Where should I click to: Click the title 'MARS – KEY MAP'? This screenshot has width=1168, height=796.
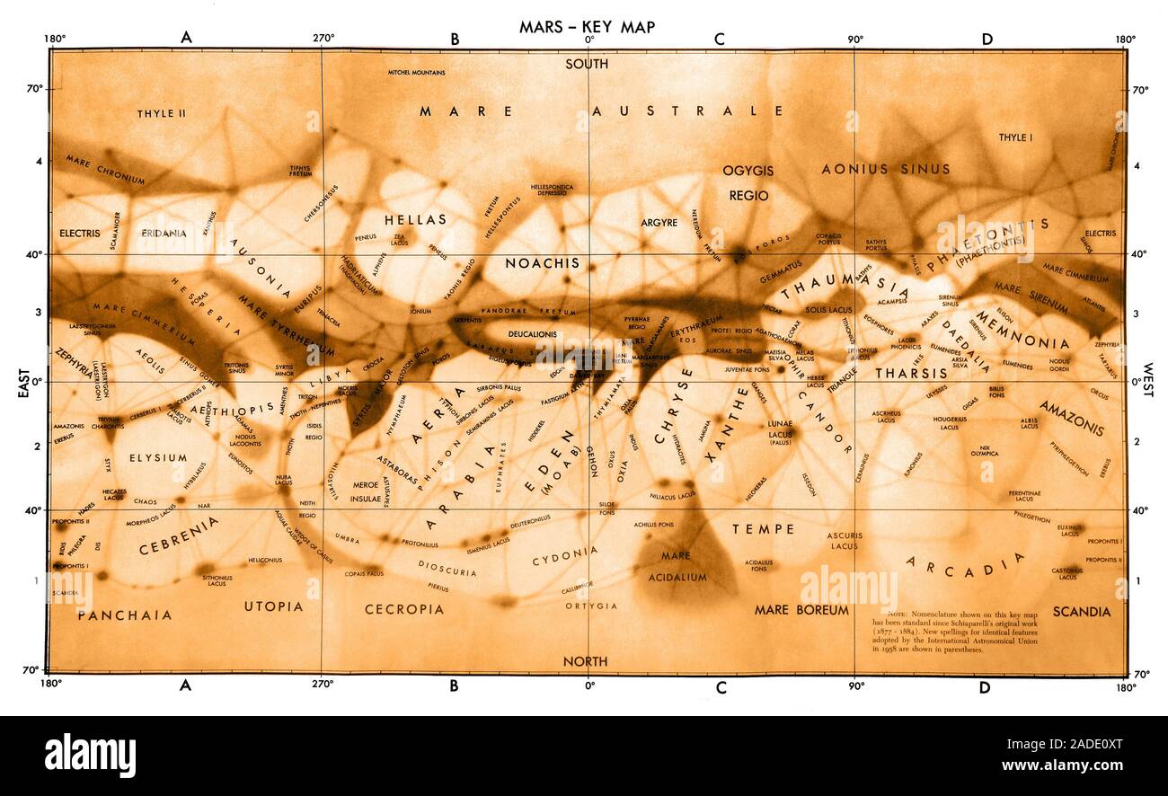pyautogui.click(x=587, y=27)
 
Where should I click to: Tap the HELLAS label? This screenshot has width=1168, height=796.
pyautogui.click(x=415, y=219)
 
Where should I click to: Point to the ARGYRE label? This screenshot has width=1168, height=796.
pyautogui.click(x=659, y=222)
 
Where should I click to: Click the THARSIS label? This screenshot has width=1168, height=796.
pyautogui.click(x=911, y=373)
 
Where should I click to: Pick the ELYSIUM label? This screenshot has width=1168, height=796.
pyautogui.click(x=158, y=457)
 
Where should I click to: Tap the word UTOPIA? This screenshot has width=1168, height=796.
pyautogui.click(x=273, y=606)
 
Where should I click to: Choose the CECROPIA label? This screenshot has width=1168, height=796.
pyautogui.click(x=404, y=609)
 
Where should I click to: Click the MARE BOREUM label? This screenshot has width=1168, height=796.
pyautogui.click(x=801, y=609)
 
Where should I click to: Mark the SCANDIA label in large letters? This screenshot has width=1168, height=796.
pyautogui.click(x=1081, y=612)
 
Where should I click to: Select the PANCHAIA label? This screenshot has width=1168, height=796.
pyautogui.click(x=124, y=615)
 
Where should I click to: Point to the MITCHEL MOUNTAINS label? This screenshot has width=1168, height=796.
pyautogui.click(x=417, y=72)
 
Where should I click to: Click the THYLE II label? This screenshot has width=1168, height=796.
pyautogui.click(x=162, y=114)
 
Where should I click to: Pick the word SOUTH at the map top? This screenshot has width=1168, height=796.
pyautogui.click(x=587, y=64)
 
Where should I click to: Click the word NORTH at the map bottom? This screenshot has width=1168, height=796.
pyautogui.click(x=585, y=661)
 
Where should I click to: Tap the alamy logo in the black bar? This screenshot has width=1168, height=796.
pyautogui.click(x=90, y=755)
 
